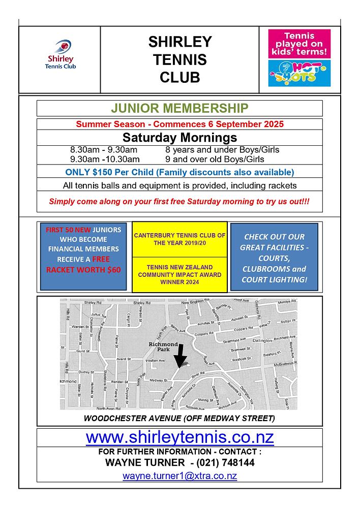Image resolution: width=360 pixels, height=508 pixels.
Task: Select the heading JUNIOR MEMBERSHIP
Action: (179, 108)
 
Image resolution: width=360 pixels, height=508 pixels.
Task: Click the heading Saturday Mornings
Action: (179, 138)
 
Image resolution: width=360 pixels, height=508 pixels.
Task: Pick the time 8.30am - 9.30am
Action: (104, 150)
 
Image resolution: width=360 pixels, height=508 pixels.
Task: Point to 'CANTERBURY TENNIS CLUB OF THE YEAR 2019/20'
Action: (179, 239)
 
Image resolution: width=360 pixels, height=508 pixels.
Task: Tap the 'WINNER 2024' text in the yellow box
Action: (179, 281)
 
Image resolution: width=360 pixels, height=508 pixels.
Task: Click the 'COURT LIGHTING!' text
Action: (274, 279)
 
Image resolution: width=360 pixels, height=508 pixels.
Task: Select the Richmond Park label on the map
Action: (163, 347)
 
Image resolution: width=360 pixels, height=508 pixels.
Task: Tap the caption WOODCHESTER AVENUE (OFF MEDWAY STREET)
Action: (179, 419)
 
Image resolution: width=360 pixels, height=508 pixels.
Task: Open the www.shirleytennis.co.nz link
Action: (179, 437)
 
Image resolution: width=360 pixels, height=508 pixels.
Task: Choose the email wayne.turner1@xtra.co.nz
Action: (179, 476)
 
